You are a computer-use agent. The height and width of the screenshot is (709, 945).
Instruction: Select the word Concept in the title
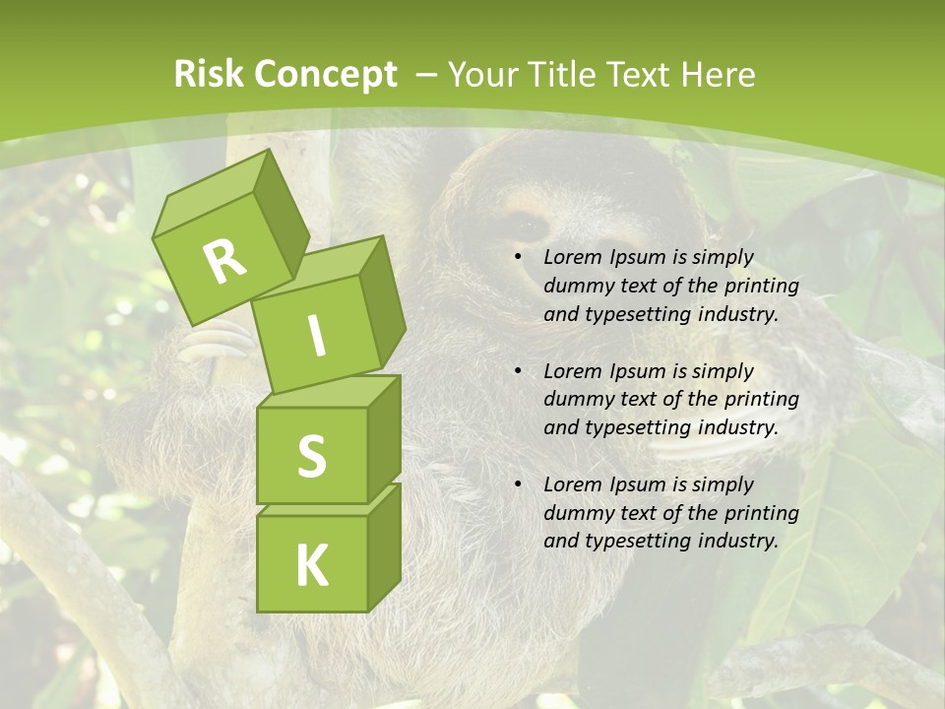(x=326, y=75)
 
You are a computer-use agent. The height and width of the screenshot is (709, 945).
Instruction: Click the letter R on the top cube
(x=225, y=262)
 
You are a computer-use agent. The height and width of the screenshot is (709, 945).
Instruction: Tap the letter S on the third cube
(x=312, y=456)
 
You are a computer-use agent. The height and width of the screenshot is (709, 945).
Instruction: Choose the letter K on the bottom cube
(x=312, y=565)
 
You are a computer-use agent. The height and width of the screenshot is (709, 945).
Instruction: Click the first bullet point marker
(x=518, y=258)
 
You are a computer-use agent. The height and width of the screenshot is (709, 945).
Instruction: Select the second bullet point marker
(x=518, y=371)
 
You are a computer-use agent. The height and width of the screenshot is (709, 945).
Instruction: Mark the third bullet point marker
(x=518, y=484)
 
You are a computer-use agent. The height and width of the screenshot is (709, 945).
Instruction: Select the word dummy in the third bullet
(x=576, y=513)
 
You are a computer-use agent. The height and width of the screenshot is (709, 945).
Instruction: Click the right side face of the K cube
(x=384, y=546)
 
